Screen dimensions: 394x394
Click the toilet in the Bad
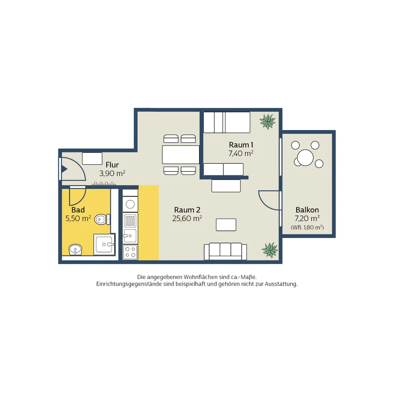click(x=102, y=219)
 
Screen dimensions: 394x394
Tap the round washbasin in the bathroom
click(x=75, y=249)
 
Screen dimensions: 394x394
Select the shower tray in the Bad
click(x=104, y=244)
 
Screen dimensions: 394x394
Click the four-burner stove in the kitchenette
click(x=130, y=252)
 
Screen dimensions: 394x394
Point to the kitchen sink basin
click(x=130, y=236)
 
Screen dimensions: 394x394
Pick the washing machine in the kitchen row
click(x=130, y=204)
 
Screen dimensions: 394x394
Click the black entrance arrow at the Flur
click(x=64, y=169)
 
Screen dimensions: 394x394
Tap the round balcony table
click(x=305, y=158)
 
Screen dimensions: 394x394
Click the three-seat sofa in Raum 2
click(x=225, y=251)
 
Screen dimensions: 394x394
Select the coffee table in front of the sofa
click(x=226, y=225)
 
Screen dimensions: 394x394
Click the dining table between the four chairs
click(x=181, y=154)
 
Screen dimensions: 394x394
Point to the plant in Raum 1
click(x=268, y=122)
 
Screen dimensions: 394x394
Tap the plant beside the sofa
click(x=270, y=250)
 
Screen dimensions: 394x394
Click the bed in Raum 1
click(x=227, y=123)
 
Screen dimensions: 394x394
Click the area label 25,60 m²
click(x=187, y=218)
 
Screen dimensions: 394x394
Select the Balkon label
click(x=307, y=210)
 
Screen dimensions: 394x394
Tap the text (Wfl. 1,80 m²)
click(x=307, y=227)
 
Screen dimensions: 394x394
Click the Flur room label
click(x=112, y=165)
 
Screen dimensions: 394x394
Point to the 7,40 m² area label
click(x=241, y=153)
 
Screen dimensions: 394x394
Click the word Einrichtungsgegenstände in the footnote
click(x=129, y=284)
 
